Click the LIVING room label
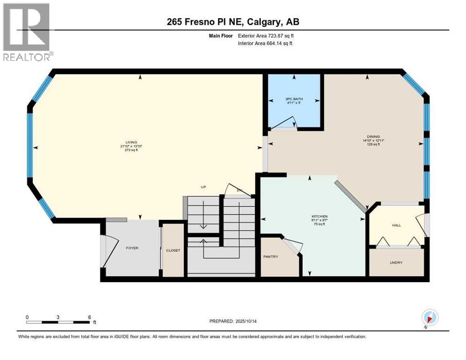point(131,142)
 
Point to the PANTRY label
point(271,256)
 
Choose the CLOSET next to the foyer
point(173,250)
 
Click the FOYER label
point(132,248)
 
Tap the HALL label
point(397,225)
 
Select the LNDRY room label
point(397,262)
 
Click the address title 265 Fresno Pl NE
point(233,22)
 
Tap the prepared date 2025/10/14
point(233,322)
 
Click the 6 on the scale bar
point(89,317)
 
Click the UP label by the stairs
point(203,187)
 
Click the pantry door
point(293,247)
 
